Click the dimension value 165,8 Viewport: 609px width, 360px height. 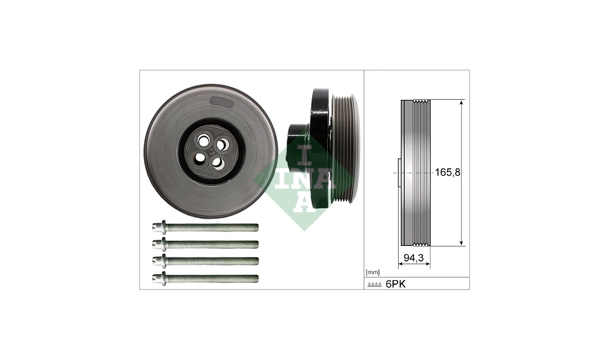pyautogui.click(x=447, y=172)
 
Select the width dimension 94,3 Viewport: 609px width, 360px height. pyautogui.click(x=413, y=258)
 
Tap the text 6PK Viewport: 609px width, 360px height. pyautogui.click(x=395, y=284)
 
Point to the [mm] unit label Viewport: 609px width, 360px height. pyautogui.click(x=373, y=272)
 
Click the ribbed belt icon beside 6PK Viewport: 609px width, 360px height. pyautogui.click(x=374, y=285)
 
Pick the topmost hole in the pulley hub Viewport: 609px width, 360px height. pyautogui.click(x=203, y=140)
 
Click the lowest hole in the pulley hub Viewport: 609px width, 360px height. pyautogui.click(x=218, y=163)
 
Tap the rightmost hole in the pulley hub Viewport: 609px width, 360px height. pyautogui.click(x=221, y=145)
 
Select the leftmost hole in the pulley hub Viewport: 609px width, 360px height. pyautogui.click(x=200, y=158)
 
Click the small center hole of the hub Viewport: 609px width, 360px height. pyautogui.click(x=210, y=151)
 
